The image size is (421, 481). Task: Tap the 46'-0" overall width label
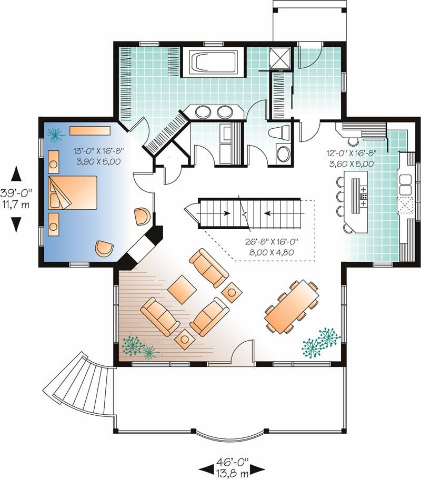[232, 466]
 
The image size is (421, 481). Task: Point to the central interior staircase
[248, 213]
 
